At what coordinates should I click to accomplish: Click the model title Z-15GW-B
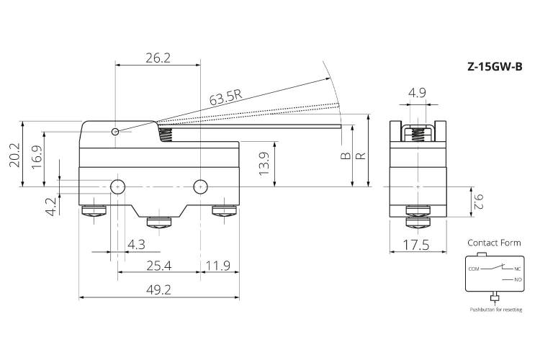tap(495, 66)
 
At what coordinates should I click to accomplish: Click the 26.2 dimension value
tap(158, 58)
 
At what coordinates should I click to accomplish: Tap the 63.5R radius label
tap(225, 96)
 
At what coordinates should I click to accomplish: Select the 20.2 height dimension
tap(14, 155)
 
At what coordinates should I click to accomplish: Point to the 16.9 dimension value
tap(37, 157)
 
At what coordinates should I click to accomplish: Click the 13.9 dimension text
tap(264, 163)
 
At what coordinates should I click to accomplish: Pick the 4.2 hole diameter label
tap(51, 207)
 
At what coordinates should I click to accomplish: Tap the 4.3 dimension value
tap(136, 245)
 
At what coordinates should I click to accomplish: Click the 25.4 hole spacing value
tap(159, 266)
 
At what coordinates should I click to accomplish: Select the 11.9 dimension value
tap(218, 266)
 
